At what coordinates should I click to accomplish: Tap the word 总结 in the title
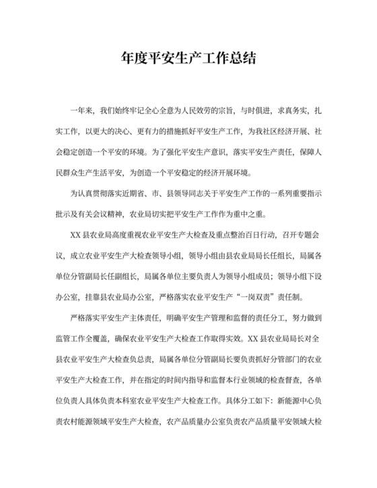click(244, 57)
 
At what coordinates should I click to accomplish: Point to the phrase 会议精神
click(118, 215)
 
